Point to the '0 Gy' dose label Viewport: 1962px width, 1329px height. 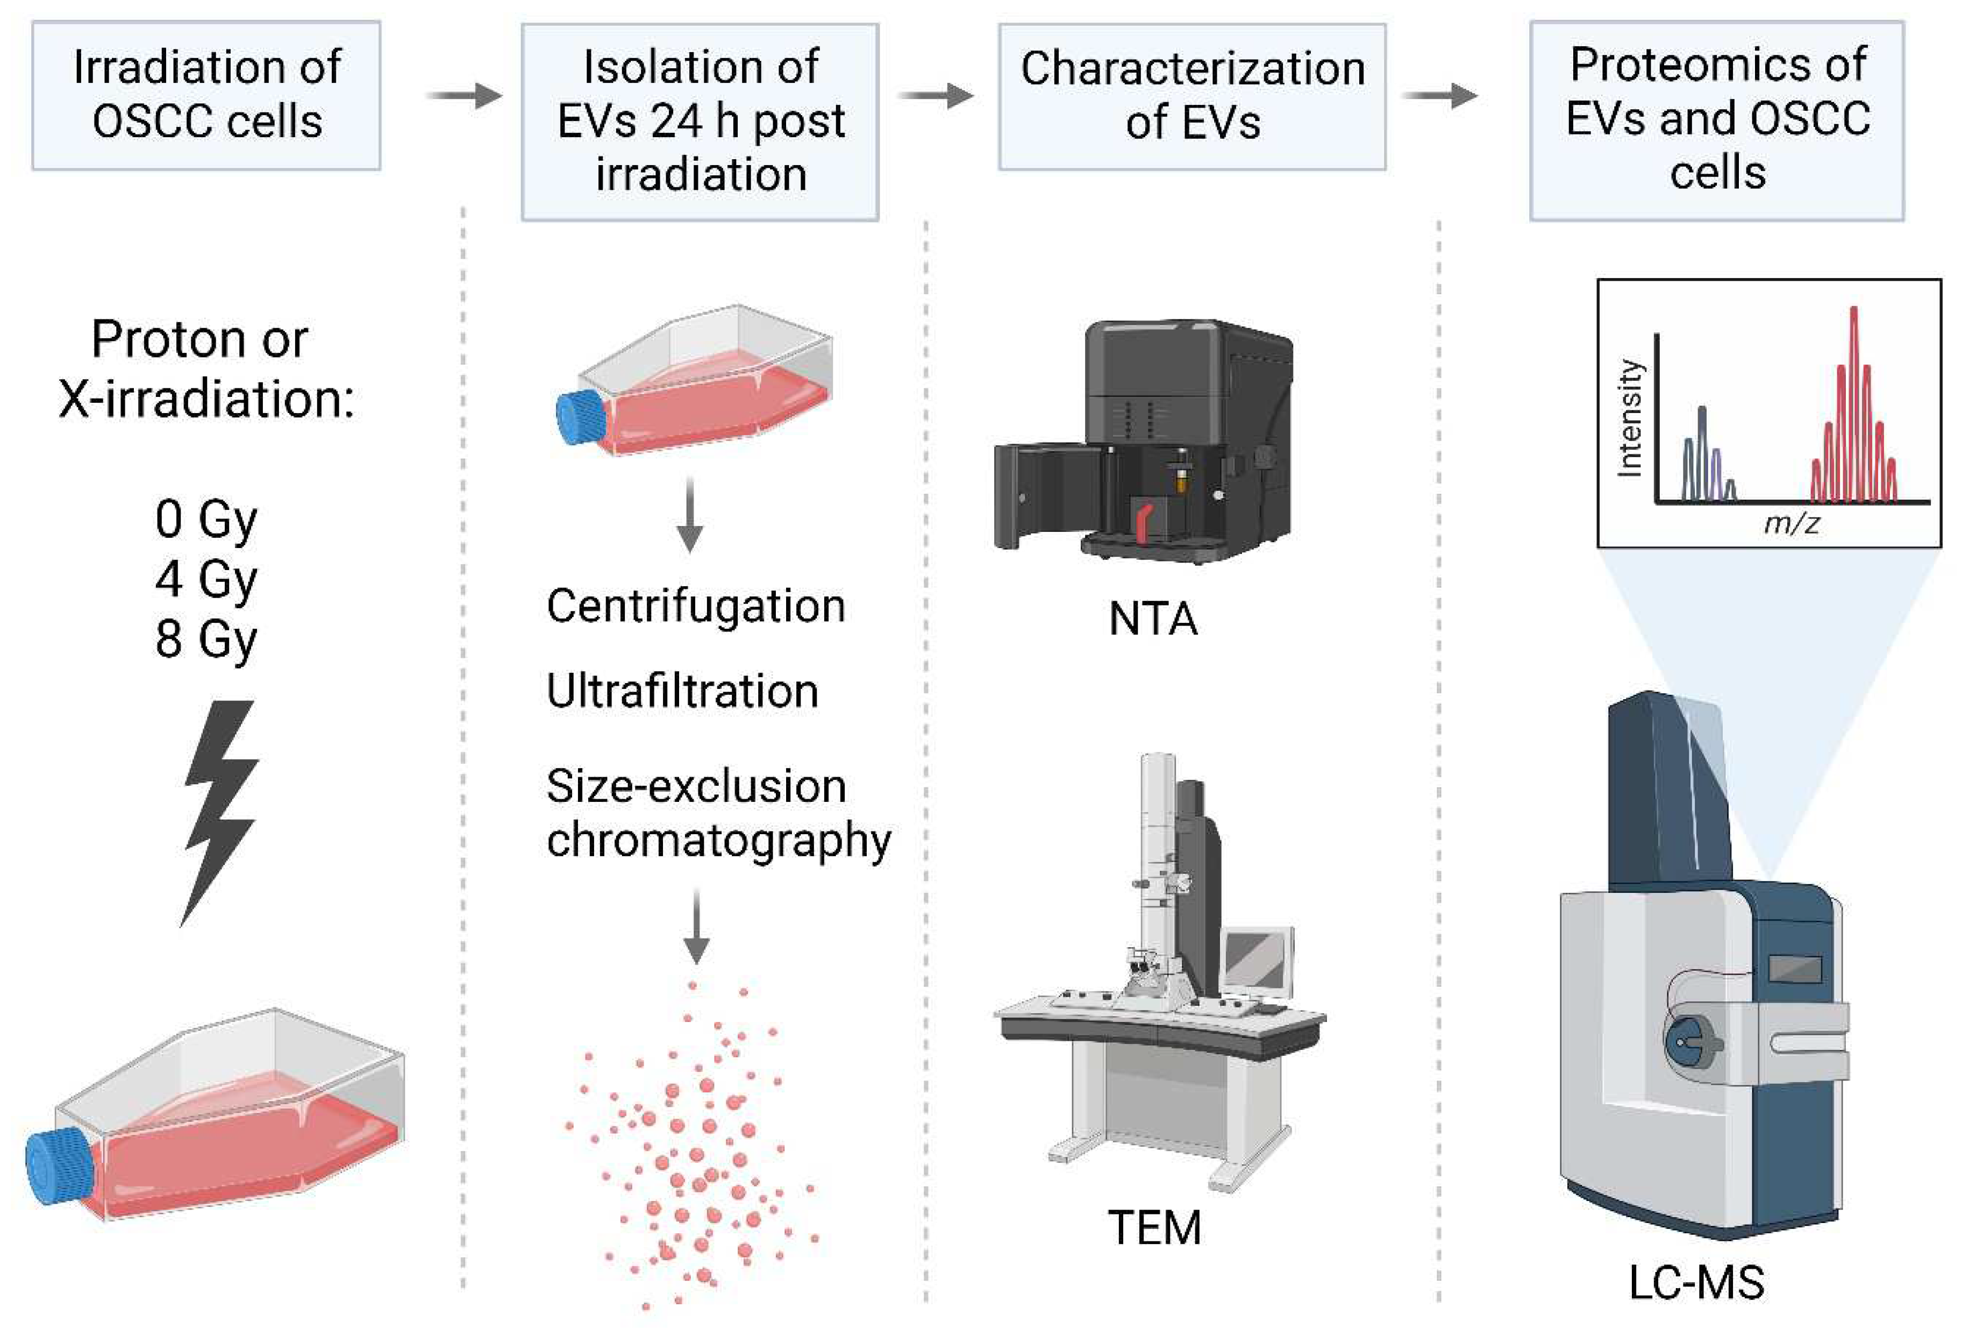[205, 518]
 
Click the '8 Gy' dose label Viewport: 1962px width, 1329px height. [205, 638]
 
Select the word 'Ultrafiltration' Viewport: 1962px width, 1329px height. [682, 691]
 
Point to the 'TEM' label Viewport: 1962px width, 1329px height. [1154, 1227]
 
